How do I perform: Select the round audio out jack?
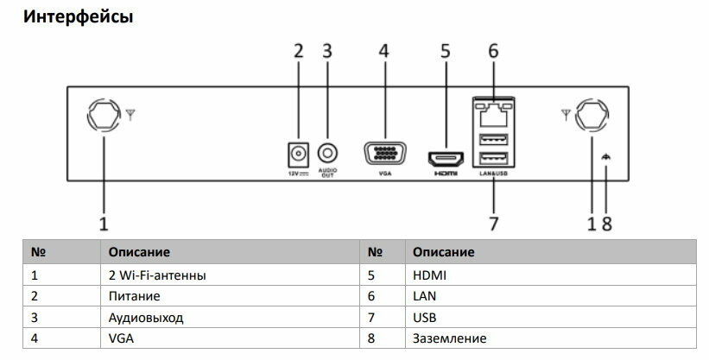[327, 154]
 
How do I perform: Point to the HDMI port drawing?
[446, 158]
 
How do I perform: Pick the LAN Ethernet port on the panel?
[493, 111]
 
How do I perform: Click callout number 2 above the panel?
[298, 50]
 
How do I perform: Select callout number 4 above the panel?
[384, 50]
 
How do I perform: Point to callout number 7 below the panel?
[493, 224]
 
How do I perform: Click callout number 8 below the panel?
[606, 224]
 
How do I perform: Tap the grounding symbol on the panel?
[606, 156]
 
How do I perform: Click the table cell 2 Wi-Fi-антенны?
[156, 275]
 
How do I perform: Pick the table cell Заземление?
[450, 338]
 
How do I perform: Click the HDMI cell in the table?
[431, 275]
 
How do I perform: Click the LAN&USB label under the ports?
[493, 174]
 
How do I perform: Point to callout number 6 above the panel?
[493, 50]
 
